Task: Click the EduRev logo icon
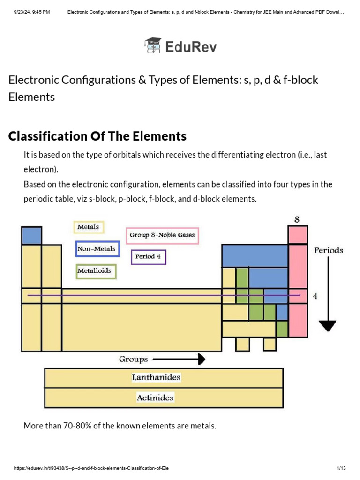[153, 46]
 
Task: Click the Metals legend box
[89, 227]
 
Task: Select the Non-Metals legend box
[97, 249]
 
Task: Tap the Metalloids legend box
[96, 271]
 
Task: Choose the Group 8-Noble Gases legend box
[162, 235]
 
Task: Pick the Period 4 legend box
[148, 257]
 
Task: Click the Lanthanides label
[156, 377]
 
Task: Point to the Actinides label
[155, 398]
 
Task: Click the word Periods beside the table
[329, 250]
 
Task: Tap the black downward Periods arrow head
[328, 325]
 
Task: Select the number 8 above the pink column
[297, 219]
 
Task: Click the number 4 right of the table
[315, 296]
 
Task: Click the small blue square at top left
[31, 235]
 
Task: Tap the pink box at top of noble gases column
[298, 235]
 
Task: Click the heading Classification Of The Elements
[97, 136]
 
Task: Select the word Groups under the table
[133, 360]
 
